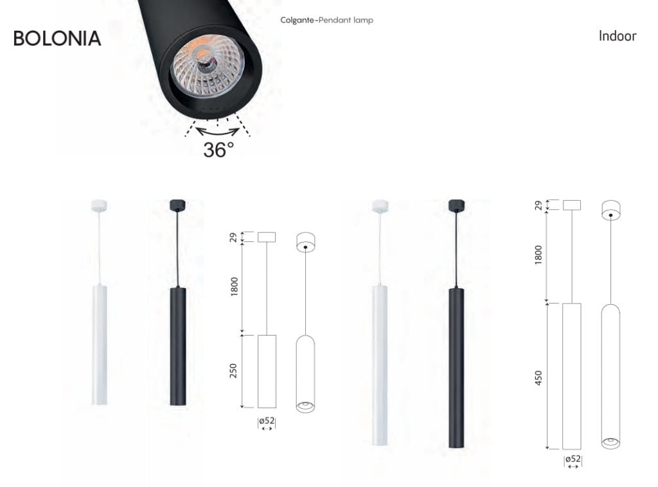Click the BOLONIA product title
tap(57, 38)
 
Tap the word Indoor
tap(618, 36)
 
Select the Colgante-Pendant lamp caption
tap(326, 20)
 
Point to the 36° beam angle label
tap(218, 150)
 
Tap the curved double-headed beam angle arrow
tap(217, 132)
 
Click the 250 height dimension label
tap(233, 371)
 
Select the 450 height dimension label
tap(538, 378)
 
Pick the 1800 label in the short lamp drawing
tap(234, 287)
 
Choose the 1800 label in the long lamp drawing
tap(538, 255)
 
